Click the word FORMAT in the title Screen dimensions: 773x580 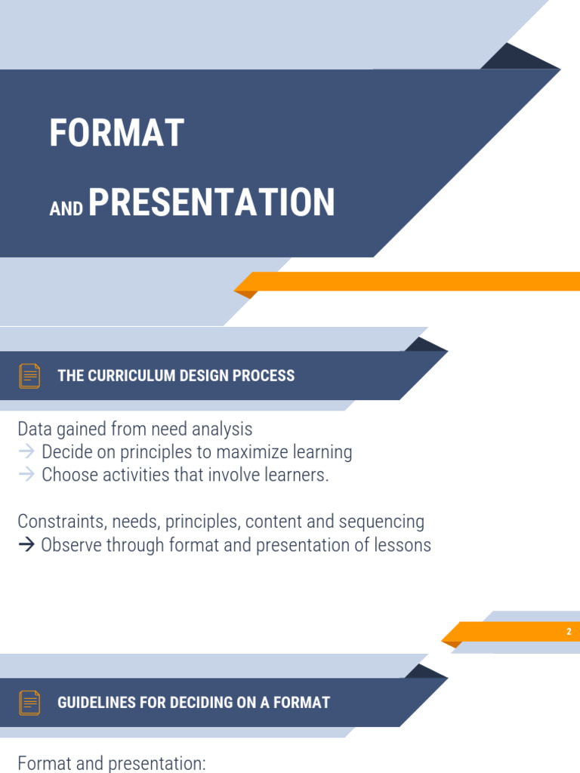[116, 134]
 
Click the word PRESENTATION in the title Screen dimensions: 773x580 [211, 203]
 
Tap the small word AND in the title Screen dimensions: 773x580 [66, 209]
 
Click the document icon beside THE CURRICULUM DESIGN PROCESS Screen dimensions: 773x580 [29, 376]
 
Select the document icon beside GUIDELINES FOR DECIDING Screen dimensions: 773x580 [29, 703]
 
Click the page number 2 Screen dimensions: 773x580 [569, 632]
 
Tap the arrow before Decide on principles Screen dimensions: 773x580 [26, 452]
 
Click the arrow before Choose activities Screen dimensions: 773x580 [26, 475]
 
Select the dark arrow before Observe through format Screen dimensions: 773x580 [26, 545]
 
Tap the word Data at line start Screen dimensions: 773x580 [35, 430]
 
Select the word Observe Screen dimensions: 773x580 [72, 545]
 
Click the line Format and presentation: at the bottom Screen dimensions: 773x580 [111, 763]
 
